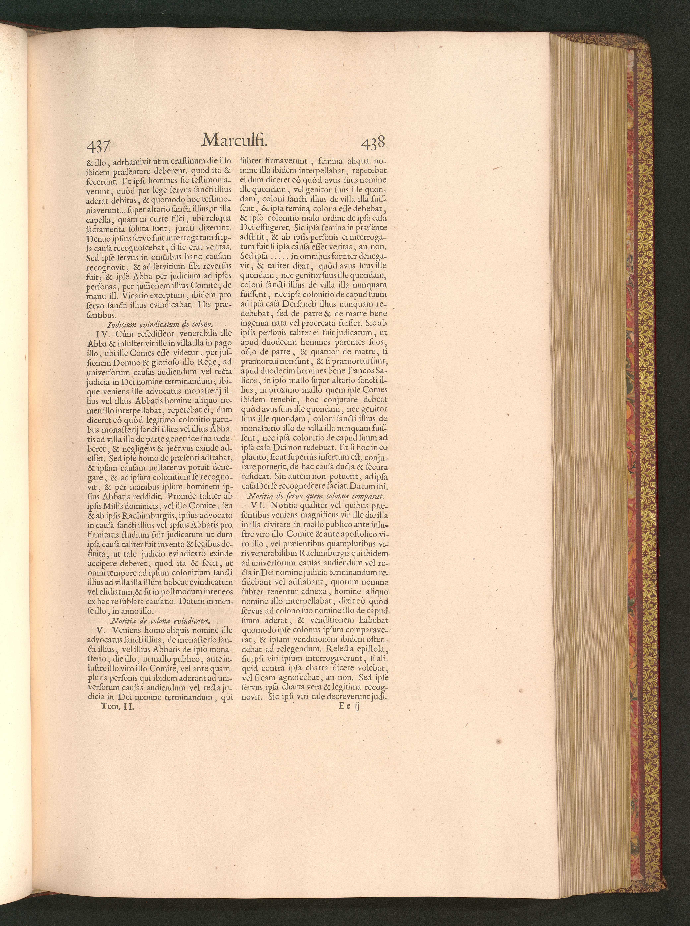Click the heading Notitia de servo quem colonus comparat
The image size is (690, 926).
click(x=316, y=496)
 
